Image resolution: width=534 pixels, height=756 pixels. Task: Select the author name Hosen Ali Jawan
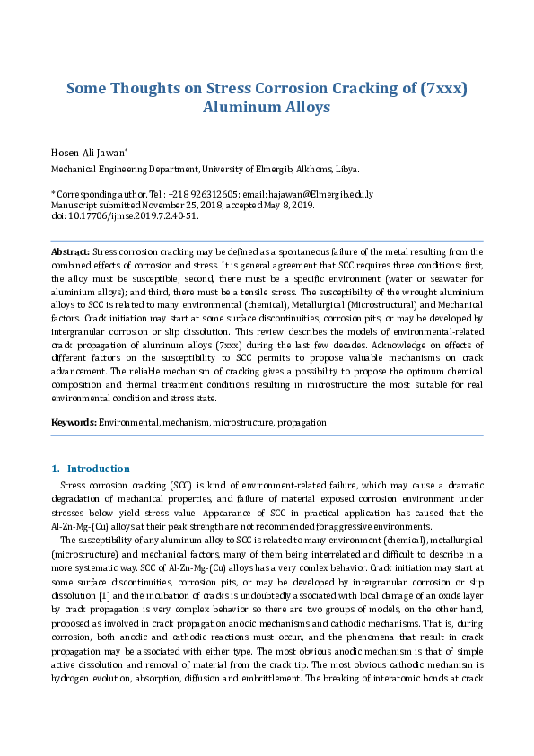(x=88, y=152)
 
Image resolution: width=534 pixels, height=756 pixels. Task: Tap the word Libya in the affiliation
(x=346, y=169)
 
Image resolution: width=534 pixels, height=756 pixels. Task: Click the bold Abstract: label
(x=71, y=253)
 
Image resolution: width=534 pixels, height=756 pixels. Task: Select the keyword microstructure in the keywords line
(x=241, y=421)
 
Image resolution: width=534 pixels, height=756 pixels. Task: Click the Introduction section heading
(x=99, y=469)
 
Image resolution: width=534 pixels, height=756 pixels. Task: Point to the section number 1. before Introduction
(x=56, y=469)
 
